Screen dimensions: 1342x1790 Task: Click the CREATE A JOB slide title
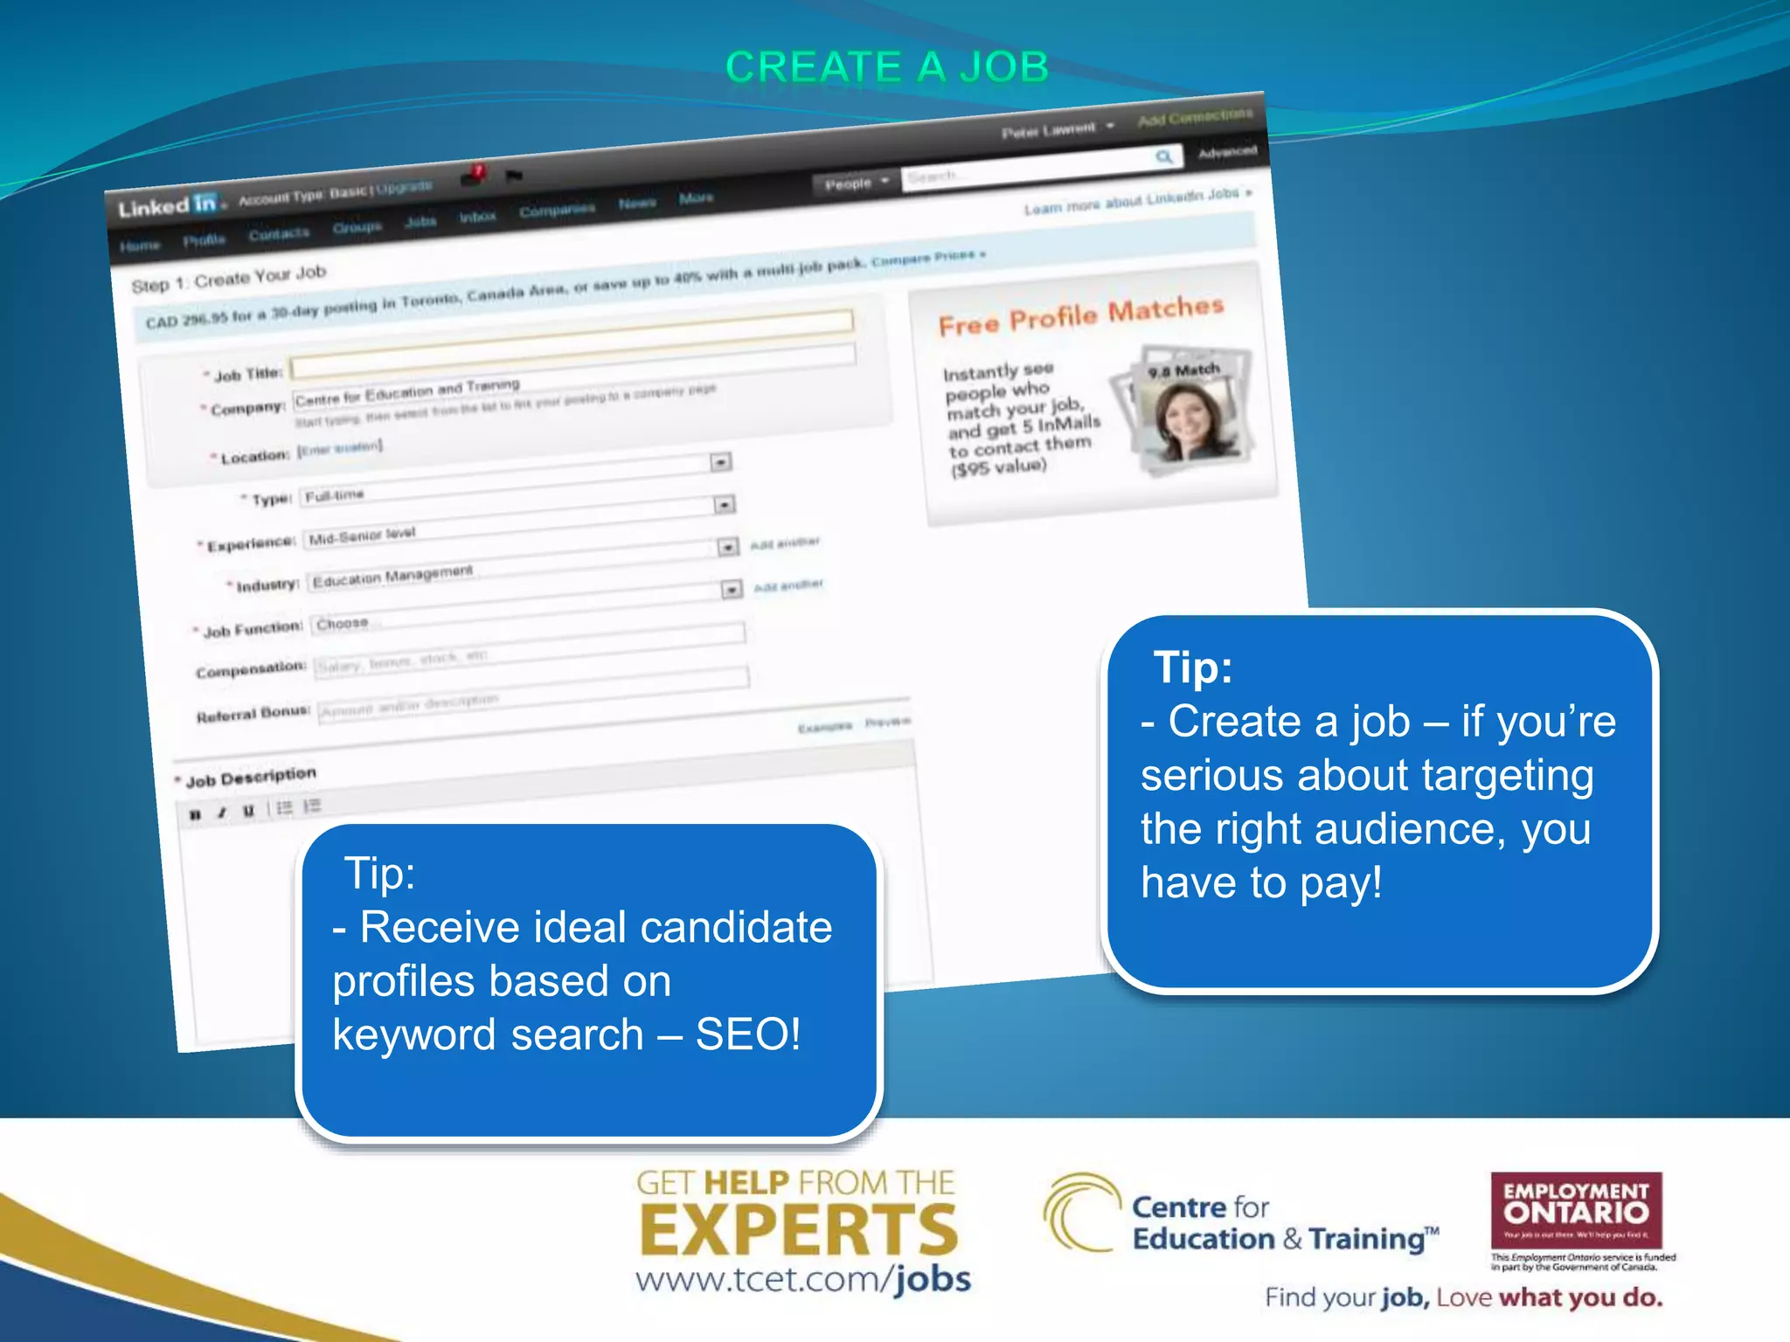[886, 67]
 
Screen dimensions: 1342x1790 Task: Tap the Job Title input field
[572, 358]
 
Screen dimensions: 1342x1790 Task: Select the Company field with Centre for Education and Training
[407, 393]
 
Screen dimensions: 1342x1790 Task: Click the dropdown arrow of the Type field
[724, 505]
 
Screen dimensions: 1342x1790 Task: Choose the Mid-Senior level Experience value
[362, 536]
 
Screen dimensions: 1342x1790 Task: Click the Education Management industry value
[392, 577]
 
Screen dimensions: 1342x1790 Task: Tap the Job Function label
[252, 630]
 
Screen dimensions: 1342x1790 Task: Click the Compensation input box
[529, 654]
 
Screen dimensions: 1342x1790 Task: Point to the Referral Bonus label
[253, 715]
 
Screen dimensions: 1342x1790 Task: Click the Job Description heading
[250, 777]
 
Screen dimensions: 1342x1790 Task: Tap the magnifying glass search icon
[1163, 156]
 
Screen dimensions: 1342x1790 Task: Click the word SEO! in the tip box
[747, 1034]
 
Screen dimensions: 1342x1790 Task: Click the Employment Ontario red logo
[1576, 1210]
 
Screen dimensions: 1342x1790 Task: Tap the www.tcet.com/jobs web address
[802, 1279]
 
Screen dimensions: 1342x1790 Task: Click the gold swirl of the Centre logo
[1080, 1213]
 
